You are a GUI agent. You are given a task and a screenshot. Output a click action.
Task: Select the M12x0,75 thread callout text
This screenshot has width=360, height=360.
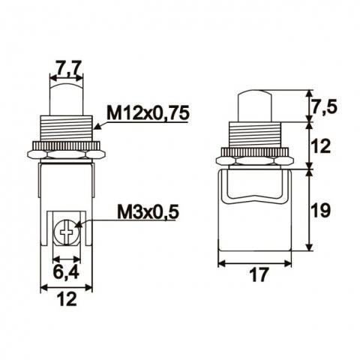coord(148,112)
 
